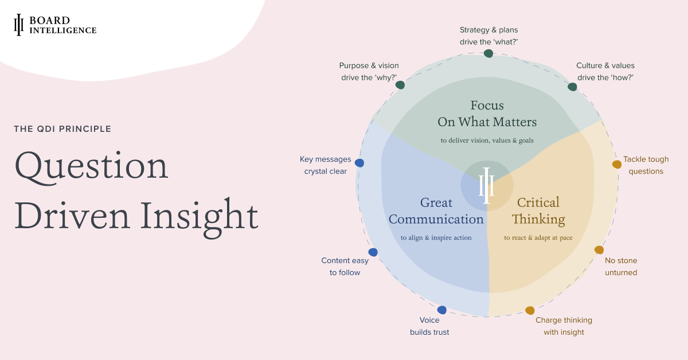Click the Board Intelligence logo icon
coord(18,25)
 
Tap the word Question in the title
coord(91,167)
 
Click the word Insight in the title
coord(200,217)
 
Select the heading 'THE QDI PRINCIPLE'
coord(62,129)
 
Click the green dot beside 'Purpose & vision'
coord(400,85)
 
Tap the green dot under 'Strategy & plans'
coord(488,53)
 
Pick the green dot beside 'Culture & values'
coord(572,87)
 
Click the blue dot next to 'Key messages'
coord(359,163)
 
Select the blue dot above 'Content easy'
coord(373,252)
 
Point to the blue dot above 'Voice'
coord(441,310)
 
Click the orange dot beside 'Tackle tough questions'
coord(617,165)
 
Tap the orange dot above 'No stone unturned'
coord(599,250)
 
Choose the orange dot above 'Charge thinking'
coord(530,311)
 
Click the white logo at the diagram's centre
coord(487,186)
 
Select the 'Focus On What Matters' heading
coord(487,114)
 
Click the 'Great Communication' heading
coord(436,211)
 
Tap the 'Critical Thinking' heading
coord(538,212)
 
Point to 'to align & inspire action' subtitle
coord(436,238)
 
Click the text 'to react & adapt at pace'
coord(538,238)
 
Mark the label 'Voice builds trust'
coord(429,326)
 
